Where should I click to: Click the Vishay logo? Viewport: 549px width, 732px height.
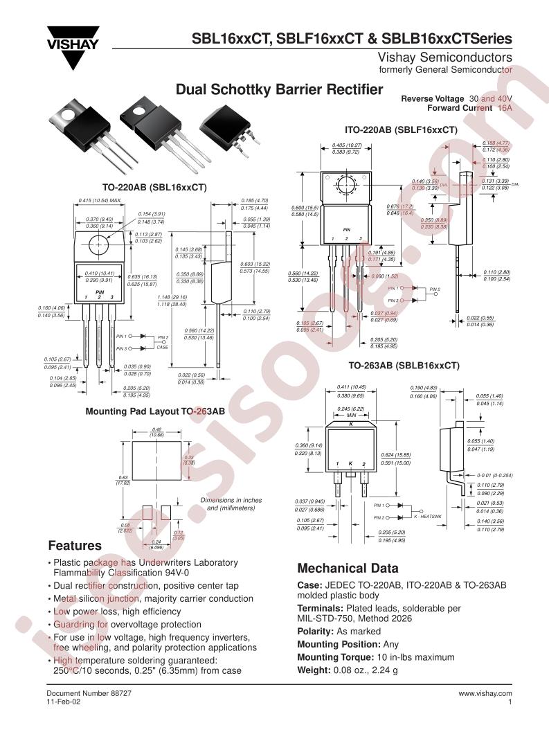[73, 46]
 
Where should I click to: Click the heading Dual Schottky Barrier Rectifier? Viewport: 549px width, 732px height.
[280, 89]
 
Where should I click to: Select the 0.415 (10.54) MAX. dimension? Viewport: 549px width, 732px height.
[100, 201]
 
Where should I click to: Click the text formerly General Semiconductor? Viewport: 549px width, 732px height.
[446, 70]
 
